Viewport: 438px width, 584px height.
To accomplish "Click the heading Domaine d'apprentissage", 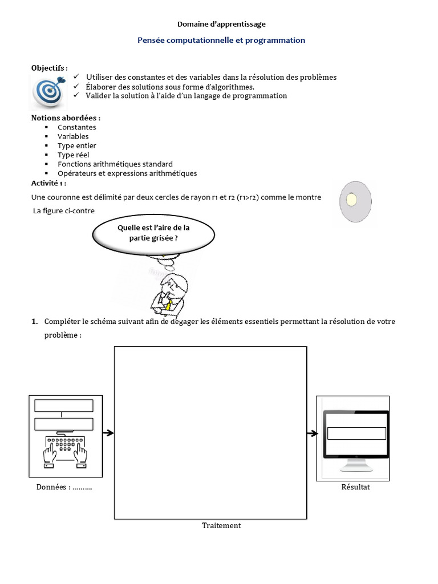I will click(x=221, y=24).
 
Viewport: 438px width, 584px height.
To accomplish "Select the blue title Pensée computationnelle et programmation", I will click(x=221, y=40).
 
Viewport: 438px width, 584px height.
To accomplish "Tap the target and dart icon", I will click(x=48, y=92).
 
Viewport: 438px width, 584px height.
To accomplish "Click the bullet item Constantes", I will click(x=76, y=127).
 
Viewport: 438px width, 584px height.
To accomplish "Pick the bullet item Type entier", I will click(x=76, y=145).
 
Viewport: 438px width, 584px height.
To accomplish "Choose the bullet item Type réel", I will click(x=73, y=155).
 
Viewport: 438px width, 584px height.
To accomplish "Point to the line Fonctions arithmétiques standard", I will click(x=115, y=164).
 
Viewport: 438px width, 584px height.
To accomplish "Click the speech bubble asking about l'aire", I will click(x=153, y=233).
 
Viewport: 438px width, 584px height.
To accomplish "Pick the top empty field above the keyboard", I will click(x=64, y=405).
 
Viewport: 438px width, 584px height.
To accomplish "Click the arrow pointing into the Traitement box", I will click(x=108, y=433).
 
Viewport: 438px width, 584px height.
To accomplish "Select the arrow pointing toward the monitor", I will click(x=312, y=433).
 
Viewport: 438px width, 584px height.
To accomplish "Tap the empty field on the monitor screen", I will click(x=356, y=433).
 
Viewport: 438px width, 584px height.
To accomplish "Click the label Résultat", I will click(x=355, y=486).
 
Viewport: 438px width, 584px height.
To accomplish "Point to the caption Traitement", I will click(x=221, y=525).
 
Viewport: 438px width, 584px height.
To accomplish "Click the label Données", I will click(x=64, y=487).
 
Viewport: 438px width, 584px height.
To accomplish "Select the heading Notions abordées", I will click(x=66, y=117).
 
